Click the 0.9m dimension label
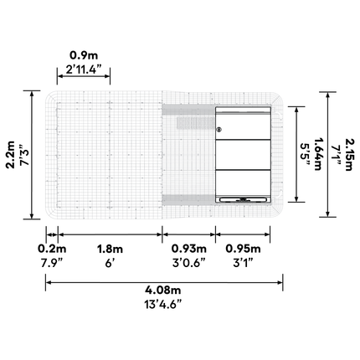pos(84,55)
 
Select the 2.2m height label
pos(11,155)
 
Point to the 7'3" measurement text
pos(24,155)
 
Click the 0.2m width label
pos(52,249)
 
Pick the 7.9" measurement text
pos(52,263)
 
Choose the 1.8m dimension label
pos(110,249)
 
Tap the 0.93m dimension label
pos(189,249)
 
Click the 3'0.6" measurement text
pos(189,263)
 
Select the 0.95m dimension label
pos(243,249)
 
